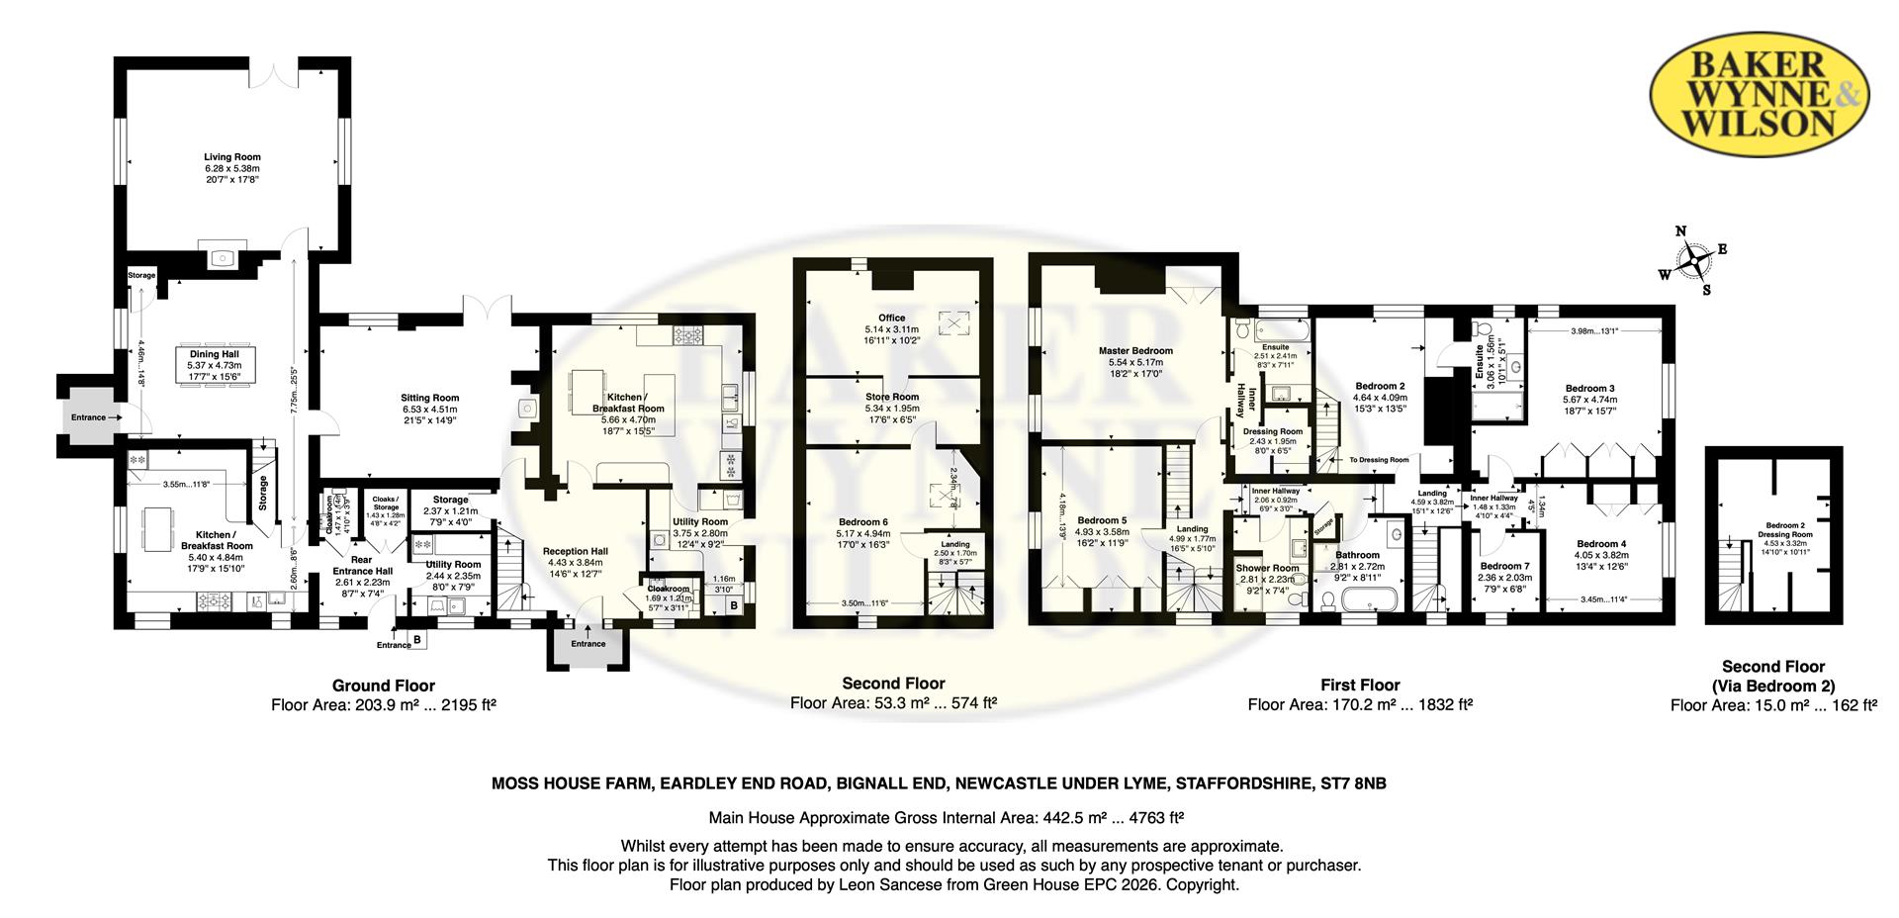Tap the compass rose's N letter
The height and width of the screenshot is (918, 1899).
tap(1679, 231)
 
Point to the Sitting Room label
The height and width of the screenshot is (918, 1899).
tap(430, 398)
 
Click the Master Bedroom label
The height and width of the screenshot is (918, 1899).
tap(1135, 350)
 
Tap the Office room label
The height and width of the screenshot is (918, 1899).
tap(891, 318)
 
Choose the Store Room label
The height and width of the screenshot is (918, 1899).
tap(891, 397)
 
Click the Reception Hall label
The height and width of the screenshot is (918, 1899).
tap(575, 551)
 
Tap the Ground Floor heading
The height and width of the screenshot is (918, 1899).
tap(383, 686)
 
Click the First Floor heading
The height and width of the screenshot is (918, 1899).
tap(1360, 685)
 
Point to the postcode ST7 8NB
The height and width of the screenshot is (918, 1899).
tap(1354, 783)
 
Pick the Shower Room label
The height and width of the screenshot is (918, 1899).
tap(1267, 568)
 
